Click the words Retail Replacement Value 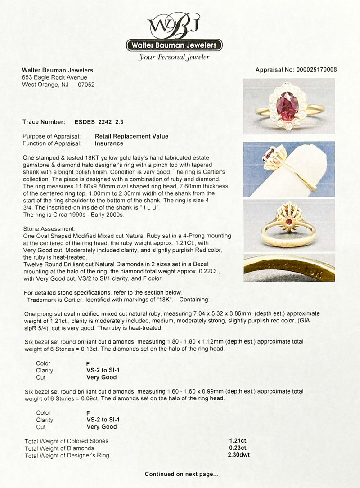click(x=131, y=136)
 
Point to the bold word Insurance click(x=109, y=143)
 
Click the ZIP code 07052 click(x=86, y=84)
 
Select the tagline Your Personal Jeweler click(x=174, y=58)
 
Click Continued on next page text click(x=181, y=474)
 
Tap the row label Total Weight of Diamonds click(x=59, y=448)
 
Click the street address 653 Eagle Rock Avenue click(x=55, y=77)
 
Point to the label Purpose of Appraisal click(x=51, y=136)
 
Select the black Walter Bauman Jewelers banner click(x=174, y=45)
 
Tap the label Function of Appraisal click(x=52, y=143)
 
